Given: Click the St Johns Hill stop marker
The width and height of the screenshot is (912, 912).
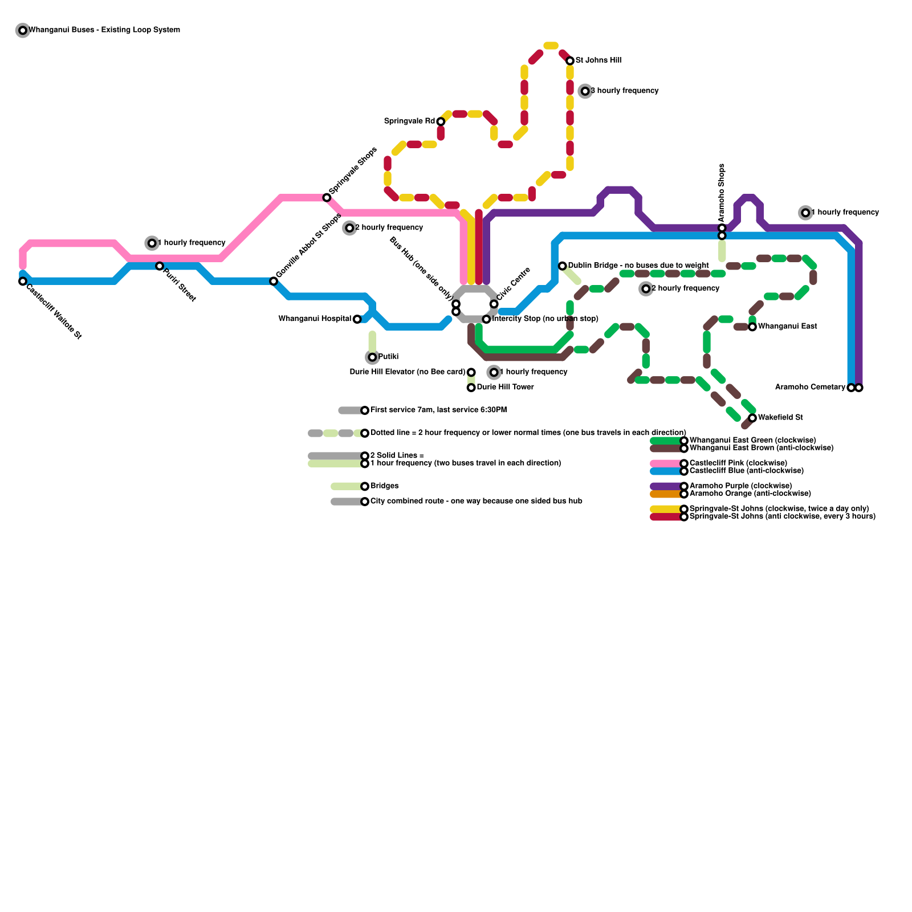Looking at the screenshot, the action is click(x=570, y=61).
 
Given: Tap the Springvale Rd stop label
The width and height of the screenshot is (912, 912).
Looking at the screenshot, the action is click(x=409, y=121).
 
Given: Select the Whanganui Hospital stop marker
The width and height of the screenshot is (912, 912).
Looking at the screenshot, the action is click(x=357, y=319).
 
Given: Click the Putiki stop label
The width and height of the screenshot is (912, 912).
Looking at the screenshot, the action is click(x=388, y=357).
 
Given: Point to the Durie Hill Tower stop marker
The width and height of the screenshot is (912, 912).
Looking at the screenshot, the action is click(x=471, y=388).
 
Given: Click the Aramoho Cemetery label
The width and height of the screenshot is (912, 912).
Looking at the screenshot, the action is click(x=810, y=388).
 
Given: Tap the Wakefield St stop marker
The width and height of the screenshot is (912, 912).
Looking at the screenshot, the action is click(x=752, y=418).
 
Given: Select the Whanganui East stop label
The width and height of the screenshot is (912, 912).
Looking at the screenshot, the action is click(x=787, y=327).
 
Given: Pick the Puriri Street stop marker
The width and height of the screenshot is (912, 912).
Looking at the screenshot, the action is click(x=160, y=266).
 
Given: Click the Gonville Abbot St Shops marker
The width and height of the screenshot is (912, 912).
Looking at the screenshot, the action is click(x=274, y=282).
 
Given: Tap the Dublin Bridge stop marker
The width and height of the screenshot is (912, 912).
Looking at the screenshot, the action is click(x=563, y=266).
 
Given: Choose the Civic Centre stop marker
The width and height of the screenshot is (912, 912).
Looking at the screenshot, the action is click(x=494, y=304).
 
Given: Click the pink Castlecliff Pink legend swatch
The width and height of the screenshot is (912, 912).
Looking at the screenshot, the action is click(x=666, y=463).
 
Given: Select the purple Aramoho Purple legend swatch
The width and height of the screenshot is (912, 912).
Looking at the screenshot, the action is click(x=666, y=486).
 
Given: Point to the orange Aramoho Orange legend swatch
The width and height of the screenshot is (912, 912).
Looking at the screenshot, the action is click(x=666, y=494).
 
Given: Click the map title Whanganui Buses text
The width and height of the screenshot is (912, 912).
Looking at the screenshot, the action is click(x=104, y=30).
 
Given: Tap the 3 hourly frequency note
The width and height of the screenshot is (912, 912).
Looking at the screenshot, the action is click(x=624, y=91).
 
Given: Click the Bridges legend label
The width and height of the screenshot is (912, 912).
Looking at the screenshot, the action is click(x=384, y=486).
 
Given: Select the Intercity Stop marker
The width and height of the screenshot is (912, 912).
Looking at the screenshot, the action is click(x=486, y=319).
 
